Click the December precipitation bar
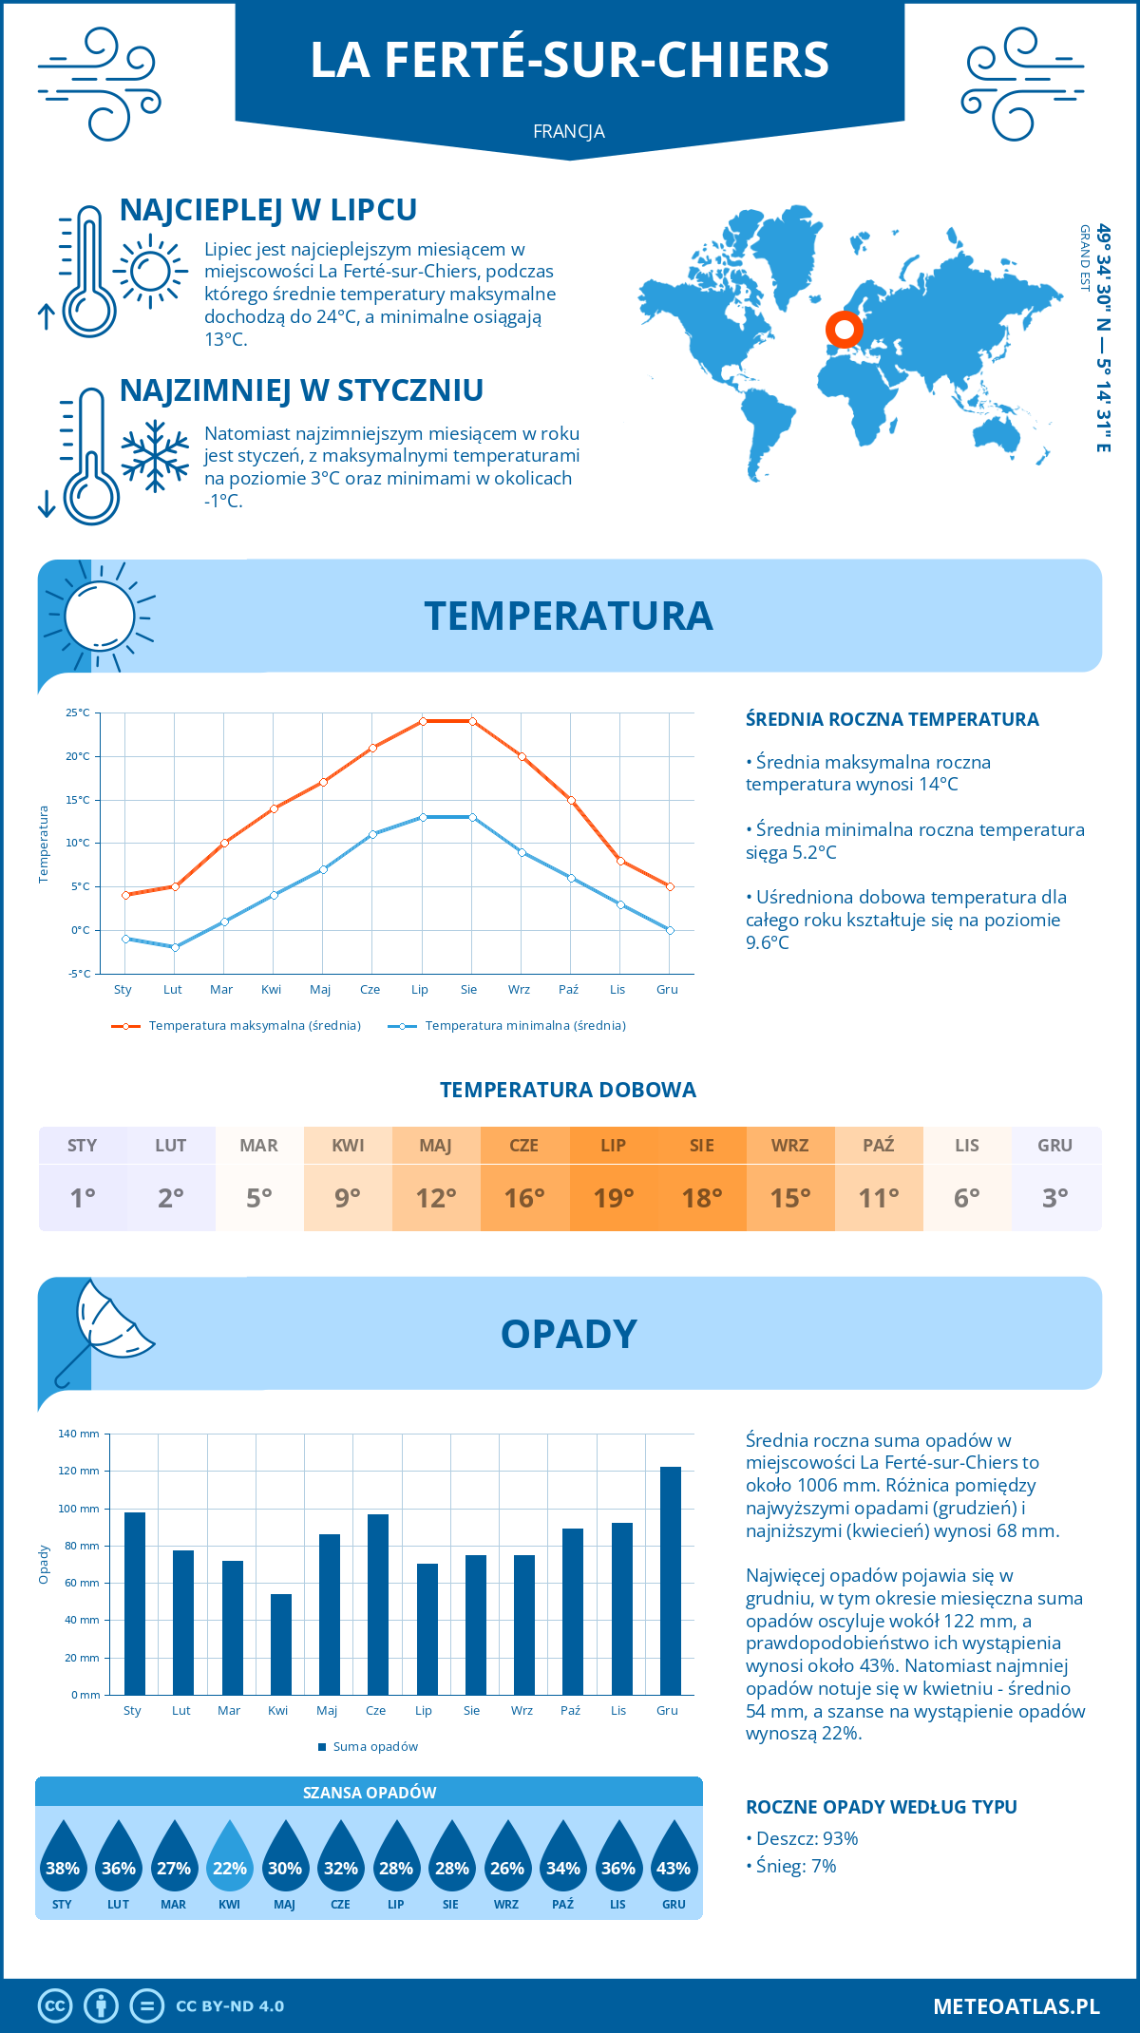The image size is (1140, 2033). tap(671, 1581)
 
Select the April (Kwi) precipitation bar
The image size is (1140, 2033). tap(281, 1644)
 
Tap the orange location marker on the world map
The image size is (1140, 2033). tap(844, 330)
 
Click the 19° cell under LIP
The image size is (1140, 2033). tap(613, 1198)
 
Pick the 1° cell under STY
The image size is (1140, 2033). tap(83, 1198)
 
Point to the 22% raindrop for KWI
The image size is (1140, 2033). tap(230, 1862)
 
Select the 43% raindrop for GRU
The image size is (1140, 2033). tap(674, 1862)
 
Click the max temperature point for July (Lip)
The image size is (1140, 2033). tap(423, 721)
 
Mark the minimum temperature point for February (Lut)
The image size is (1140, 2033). tap(175, 947)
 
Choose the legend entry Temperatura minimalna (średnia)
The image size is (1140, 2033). tap(524, 1026)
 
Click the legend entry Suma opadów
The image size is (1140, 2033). tap(374, 1747)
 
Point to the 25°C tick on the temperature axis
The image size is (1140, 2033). tap(78, 712)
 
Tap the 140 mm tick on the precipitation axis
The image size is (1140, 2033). tap(79, 1434)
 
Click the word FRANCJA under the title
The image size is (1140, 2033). tap(569, 131)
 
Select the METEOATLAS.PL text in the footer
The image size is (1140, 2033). tap(1016, 2005)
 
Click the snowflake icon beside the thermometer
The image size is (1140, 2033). tap(155, 456)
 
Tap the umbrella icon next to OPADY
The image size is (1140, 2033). tap(104, 1330)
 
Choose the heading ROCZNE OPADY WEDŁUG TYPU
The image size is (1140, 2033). tap(881, 1807)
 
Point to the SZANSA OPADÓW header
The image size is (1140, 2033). tap(370, 1793)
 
